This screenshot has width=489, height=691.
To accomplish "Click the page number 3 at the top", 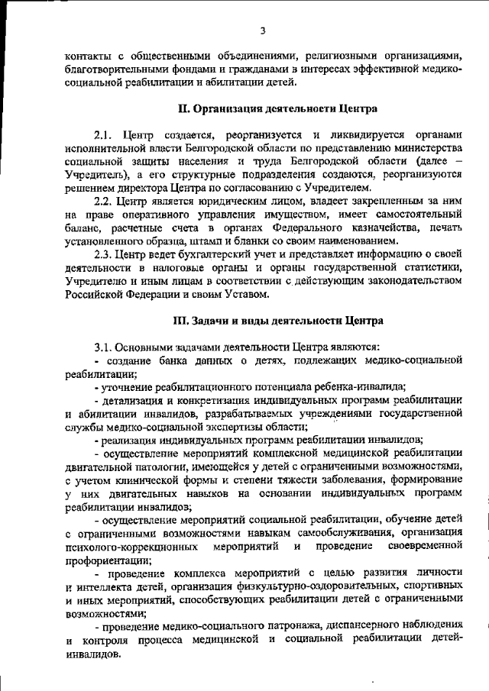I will pos(262,31).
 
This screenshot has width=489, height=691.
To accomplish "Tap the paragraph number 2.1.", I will pos(104,134).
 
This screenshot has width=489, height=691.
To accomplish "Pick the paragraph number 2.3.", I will pos(104,254).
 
